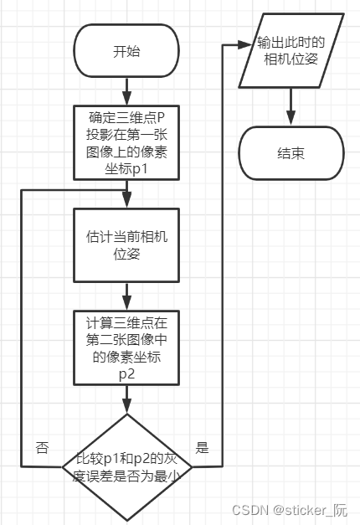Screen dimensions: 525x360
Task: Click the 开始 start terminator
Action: pyautogui.click(x=126, y=52)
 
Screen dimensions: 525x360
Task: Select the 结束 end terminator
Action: pyautogui.click(x=291, y=154)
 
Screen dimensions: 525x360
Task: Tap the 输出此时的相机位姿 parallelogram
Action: pyautogui.click(x=291, y=52)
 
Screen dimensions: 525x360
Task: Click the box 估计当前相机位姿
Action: pyautogui.click(x=127, y=244)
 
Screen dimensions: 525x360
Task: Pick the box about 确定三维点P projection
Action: pyautogui.click(x=126, y=142)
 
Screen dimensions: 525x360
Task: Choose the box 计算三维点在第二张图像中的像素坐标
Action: pyautogui.click(x=127, y=347)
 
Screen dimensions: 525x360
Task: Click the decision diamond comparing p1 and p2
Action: pyautogui.click(x=127, y=466)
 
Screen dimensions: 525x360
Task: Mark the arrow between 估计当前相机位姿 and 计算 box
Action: pyautogui.click(x=127, y=295)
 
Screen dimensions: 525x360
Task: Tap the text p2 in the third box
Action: pyautogui.click(x=126, y=373)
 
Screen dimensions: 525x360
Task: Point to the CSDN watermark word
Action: pyautogui.click(x=248, y=510)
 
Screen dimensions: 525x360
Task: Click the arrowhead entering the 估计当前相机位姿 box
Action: pyautogui.click(x=127, y=202)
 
